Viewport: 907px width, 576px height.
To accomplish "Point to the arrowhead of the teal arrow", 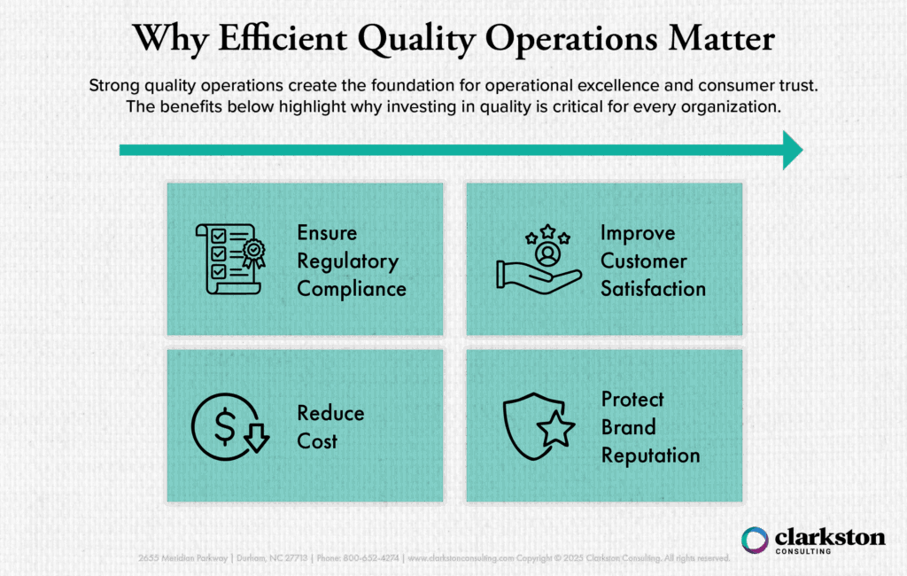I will coord(790,150).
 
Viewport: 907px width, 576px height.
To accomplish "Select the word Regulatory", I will coord(347,261).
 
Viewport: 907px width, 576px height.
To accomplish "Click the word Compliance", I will coord(352,289).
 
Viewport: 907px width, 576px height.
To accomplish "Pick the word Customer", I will coord(644,261).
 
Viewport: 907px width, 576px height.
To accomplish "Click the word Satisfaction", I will coord(653,289).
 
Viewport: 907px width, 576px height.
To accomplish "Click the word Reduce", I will coord(330,413).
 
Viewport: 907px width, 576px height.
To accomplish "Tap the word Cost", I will coord(317,440).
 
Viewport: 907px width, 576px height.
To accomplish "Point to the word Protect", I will coord(632,399).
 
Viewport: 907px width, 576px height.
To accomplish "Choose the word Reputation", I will coord(650,455).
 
